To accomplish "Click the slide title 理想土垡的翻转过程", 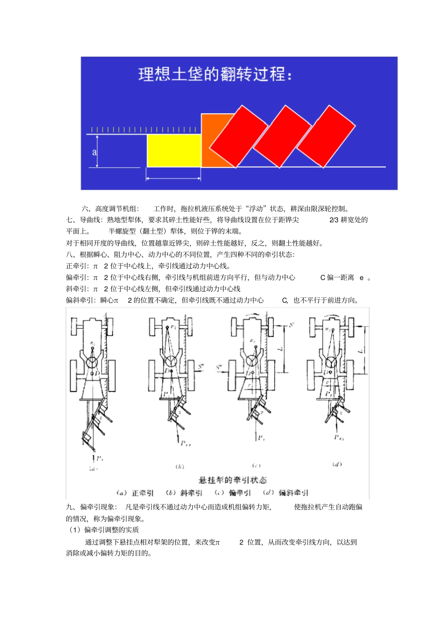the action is [215, 74].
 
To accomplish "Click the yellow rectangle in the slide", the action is [174, 150].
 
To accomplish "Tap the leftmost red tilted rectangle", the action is [238, 136].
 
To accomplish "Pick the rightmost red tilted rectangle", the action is [326, 136].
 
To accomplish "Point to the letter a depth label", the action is [94, 151].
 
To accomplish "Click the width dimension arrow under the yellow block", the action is [173, 178].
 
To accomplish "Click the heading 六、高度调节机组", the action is [110, 208].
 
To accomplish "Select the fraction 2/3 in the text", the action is [334, 220].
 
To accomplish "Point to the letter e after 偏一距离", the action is [362, 278].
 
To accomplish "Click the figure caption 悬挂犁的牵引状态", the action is [232, 480].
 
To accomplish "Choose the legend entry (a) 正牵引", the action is [135, 493].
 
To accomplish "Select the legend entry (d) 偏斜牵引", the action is [286, 493].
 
